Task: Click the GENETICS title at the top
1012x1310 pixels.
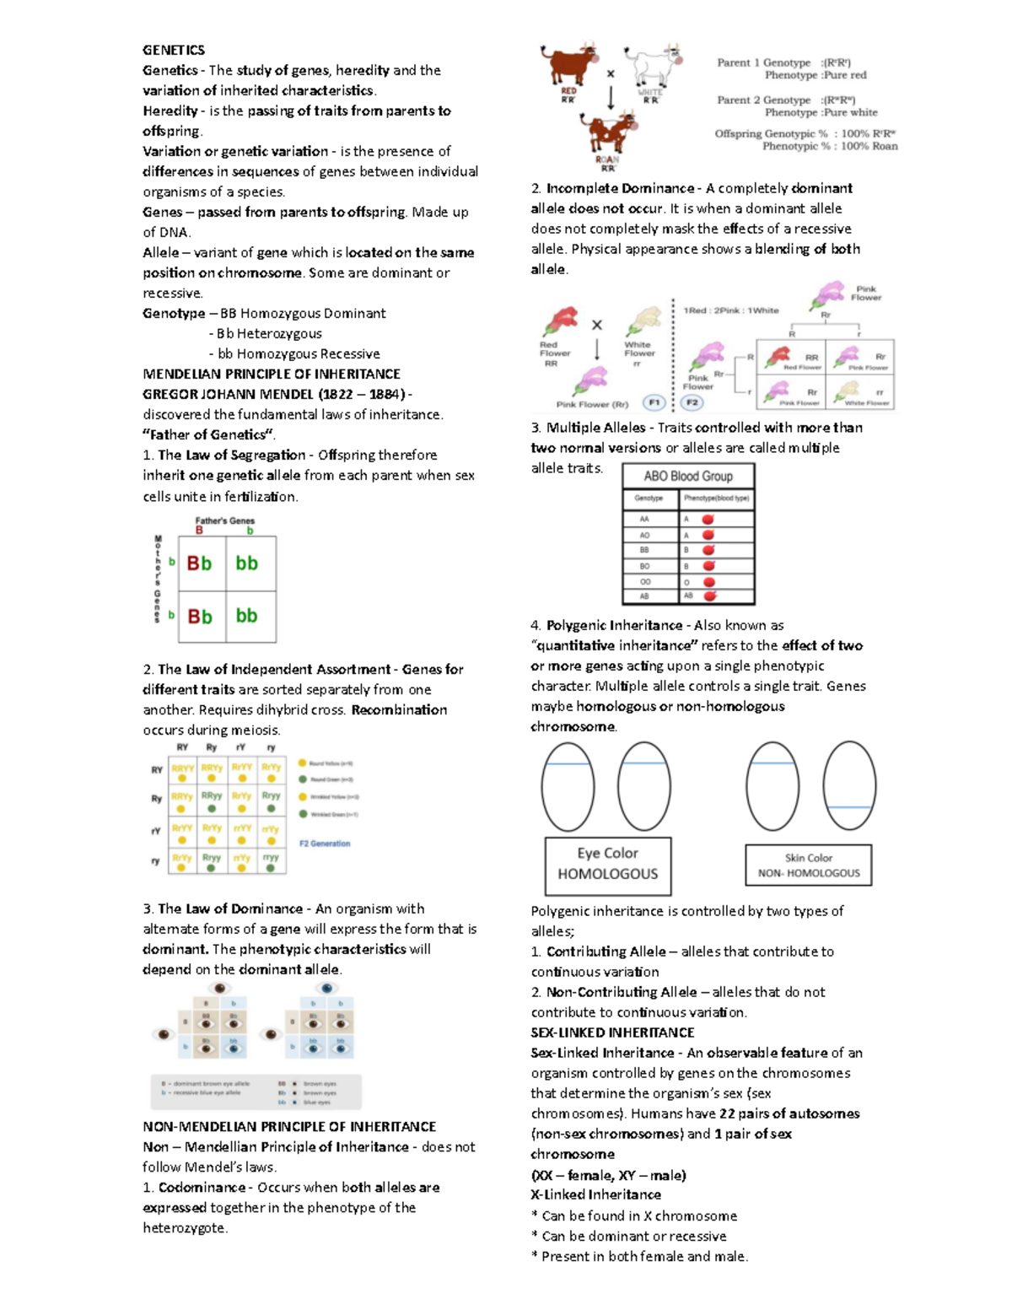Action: pyautogui.click(x=174, y=50)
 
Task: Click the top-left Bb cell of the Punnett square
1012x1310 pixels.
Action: pyautogui.click(x=200, y=563)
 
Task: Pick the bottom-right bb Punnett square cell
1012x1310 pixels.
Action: pyautogui.click(x=247, y=616)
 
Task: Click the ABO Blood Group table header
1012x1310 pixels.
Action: pyautogui.click(x=688, y=476)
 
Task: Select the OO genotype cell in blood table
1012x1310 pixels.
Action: pyautogui.click(x=645, y=581)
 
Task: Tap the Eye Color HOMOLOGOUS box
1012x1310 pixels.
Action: pyautogui.click(x=608, y=865)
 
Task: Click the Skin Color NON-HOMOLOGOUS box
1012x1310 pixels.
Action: pyautogui.click(x=809, y=865)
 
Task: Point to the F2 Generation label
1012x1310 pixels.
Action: pyautogui.click(x=325, y=844)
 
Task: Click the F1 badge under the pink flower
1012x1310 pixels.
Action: pyautogui.click(x=654, y=402)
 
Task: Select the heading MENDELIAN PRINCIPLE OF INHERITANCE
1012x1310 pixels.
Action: pyautogui.click(x=271, y=374)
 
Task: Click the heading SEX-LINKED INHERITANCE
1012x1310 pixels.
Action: pyautogui.click(x=612, y=1032)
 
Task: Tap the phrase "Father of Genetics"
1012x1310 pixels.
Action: pyautogui.click(x=209, y=435)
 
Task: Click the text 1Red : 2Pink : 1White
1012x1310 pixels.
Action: pyautogui.click(x=731, y=310)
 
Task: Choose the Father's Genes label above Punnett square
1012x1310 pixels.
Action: pyautogui.click(x=224, y=520)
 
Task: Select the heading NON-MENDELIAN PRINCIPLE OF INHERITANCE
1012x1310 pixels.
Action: pyautogui.click(x=289, y=1127)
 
